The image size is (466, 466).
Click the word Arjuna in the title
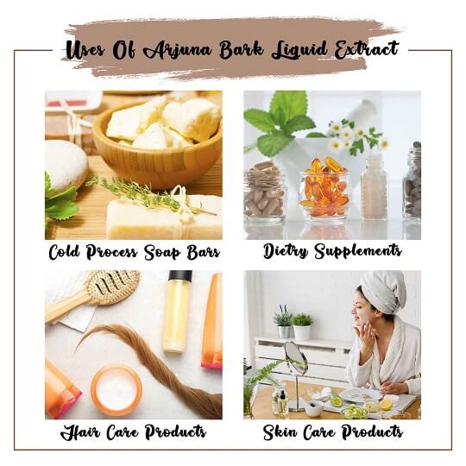pos(178,50)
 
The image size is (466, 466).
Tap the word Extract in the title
pos(366,49)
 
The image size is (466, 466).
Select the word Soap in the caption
pos(162,252)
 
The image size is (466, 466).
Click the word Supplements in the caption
pos(358,251)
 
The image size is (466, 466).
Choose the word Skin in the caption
pos(280,432)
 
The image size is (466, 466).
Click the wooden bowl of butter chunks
pos(158,142)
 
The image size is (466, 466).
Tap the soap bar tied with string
pos(164,217)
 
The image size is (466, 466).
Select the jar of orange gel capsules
pos(324,188)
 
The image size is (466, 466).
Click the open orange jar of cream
pos(116,390)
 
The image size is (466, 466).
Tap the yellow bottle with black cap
pos(177,312)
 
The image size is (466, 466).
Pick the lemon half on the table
pos(386,405)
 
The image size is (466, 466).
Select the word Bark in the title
pos(242,49)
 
